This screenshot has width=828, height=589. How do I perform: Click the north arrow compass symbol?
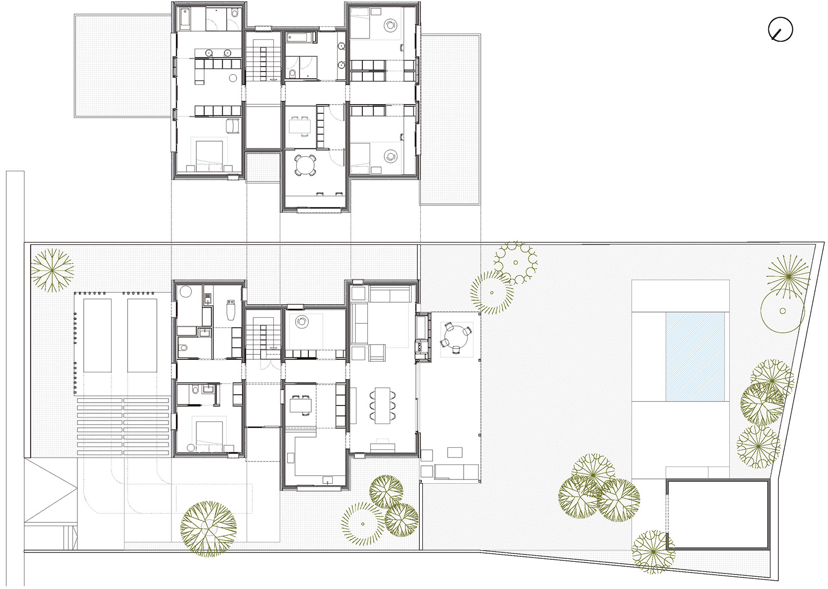tap(780, 30)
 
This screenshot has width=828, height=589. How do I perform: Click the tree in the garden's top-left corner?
tap(52, 270)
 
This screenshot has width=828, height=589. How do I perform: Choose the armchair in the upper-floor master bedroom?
tap(233, 126)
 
